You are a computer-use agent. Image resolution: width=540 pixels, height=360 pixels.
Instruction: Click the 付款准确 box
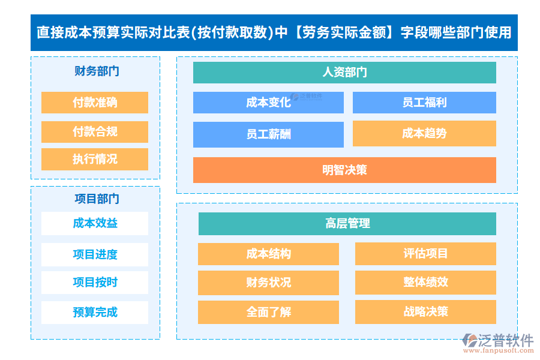[x=95, y=103]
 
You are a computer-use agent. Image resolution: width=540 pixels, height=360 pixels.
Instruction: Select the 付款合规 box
[x=95, y=131]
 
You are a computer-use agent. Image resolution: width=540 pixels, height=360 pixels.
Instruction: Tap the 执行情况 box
[x=95, y=159]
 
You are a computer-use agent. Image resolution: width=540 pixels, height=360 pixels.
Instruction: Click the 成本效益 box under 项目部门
[x=95, y=223]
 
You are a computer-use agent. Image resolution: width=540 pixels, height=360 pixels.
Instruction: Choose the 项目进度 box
[x=95, y=254]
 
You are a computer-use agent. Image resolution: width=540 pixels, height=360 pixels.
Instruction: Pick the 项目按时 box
[x=95, y=283]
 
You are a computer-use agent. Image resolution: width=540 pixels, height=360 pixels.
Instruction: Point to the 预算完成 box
[x=95, y=312]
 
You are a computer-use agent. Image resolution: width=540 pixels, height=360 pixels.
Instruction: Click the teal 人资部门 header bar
[x=344, y=73]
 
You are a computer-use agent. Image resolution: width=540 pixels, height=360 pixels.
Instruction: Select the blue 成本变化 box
[x=268, y=103]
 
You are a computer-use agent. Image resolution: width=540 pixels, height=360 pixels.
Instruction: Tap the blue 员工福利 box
[x=424, y=103]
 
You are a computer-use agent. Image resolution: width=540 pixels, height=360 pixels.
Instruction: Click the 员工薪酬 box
[x=268, y=134]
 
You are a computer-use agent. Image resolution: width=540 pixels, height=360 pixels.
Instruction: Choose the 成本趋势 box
[x=424, y=133]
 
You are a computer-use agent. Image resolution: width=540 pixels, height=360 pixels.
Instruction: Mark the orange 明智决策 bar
[x=344, y=170]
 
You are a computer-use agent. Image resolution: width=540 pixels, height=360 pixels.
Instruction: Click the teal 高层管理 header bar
[x=347, y=224]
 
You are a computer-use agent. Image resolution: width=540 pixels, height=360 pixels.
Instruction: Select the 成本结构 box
[x=268, y=254]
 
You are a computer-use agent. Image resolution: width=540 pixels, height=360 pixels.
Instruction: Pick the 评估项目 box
[x=425, y=254]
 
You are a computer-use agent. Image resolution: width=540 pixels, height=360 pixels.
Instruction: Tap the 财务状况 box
[x=268, y=283]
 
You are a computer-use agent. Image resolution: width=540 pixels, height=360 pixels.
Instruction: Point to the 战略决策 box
[x=425, y=312]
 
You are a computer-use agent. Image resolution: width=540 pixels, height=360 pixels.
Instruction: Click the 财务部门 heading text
[x=97, y=71]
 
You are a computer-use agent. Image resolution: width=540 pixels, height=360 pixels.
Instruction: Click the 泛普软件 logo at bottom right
[x=497, y=341]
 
